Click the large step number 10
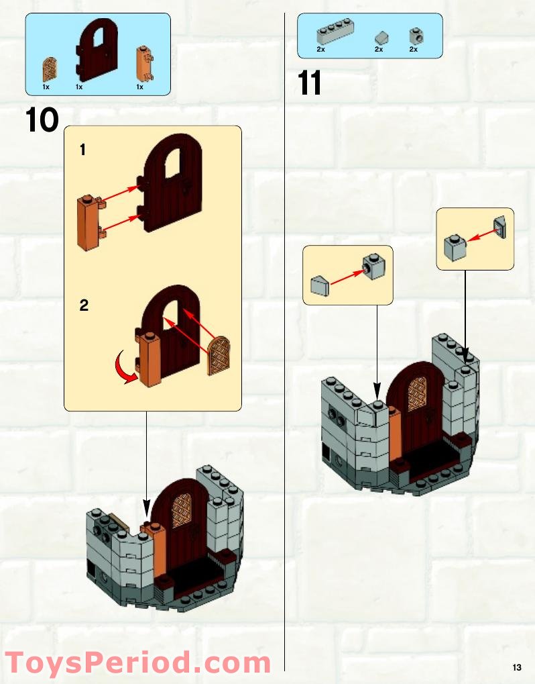click(x=42, y=120)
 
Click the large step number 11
click(x=310, y=84)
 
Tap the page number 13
click(x=516, y=667)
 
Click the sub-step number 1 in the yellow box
click(x=82, y=150)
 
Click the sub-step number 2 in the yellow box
click(x=84, y=305)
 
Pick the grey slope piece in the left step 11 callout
click(x=320, y=287)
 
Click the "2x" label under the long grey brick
click(x=320, y=49)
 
